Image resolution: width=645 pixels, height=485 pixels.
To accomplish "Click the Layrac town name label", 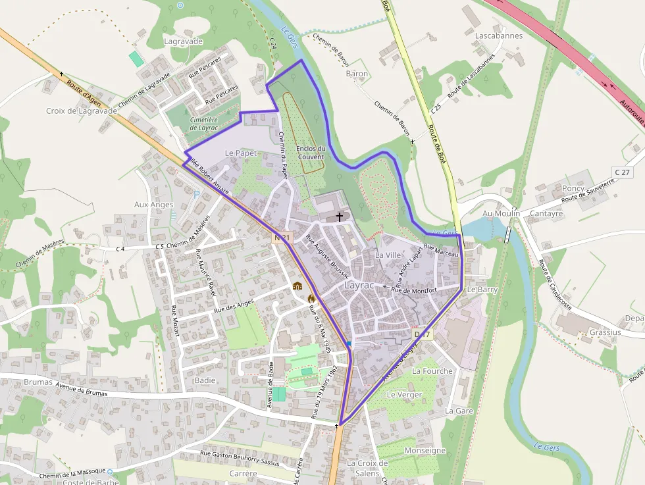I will (x=359, y=286).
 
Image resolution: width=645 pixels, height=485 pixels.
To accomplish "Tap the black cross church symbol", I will (x=340, y=217).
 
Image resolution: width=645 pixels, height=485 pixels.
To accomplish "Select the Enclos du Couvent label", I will (x=311, y=153).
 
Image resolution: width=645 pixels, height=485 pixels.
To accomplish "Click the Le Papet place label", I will (x=240, y=153).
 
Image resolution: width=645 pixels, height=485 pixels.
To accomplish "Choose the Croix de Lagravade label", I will (x=81, y=111).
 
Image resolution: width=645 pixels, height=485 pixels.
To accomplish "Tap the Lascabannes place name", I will (x=498, y=36).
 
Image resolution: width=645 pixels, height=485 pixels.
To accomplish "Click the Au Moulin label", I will (x=501, y=213).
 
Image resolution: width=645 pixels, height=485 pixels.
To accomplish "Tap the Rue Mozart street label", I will (x=174, y=322).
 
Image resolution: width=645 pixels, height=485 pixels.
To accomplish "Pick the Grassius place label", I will (x=605, y=332).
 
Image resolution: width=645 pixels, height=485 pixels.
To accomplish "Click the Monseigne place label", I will (x=425, y=451).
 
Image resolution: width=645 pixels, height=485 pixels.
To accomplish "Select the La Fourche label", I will (x=432, y=371).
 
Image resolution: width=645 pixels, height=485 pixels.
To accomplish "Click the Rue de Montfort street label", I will (x=415, y=290).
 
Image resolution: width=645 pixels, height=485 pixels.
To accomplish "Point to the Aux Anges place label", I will (x=153, y=205).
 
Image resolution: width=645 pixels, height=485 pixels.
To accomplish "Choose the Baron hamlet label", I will (x=357, y=74).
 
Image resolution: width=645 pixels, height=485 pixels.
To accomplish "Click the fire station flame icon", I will (x=311, y=297).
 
